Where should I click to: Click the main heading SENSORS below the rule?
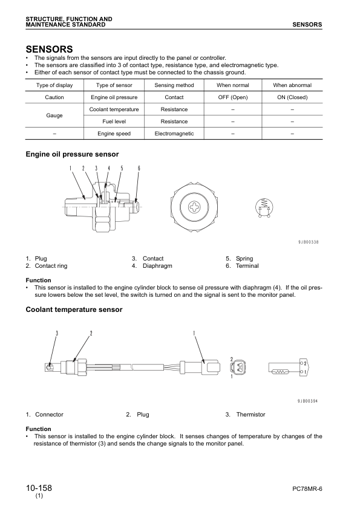(x=49, y=48)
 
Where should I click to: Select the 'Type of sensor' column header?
(x=114, y=85)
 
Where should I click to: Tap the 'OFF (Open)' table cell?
(x=233, y=97)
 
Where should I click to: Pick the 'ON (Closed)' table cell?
(x=292, y=97)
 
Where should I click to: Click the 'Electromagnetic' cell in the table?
(x=174, y=134)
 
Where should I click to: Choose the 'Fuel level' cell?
(x=114, y=122)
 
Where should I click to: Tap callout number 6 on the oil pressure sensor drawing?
(x=139, y=168)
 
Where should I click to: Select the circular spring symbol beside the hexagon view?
(x=263, y=207)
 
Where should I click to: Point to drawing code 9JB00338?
(x=308, y=242)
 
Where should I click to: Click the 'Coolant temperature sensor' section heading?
(x=74, y=310)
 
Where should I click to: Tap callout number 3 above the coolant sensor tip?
(x=56, y=333)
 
